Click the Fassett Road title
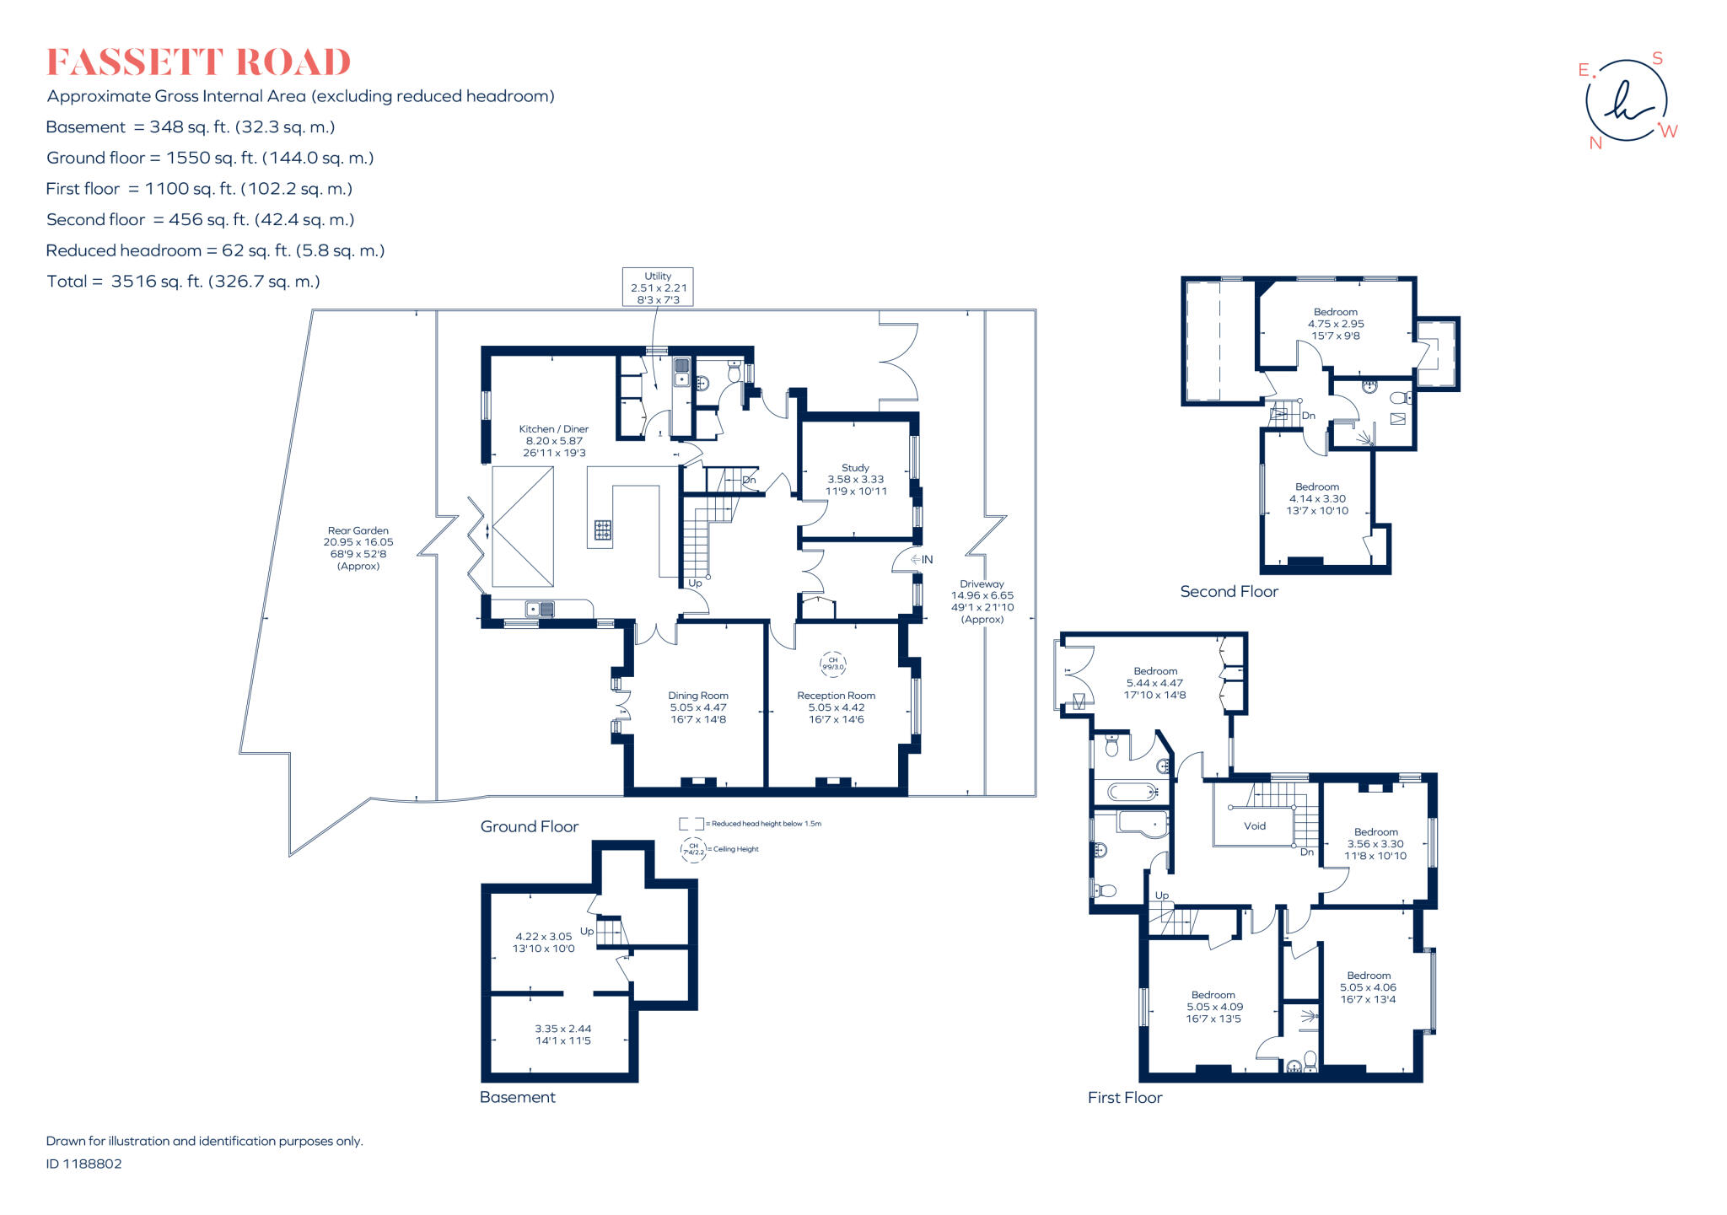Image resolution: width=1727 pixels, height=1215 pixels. tap(198, 63)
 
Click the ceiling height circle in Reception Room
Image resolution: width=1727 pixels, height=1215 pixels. tap(833, 664)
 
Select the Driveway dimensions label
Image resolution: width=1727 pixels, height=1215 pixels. tap(982, 601)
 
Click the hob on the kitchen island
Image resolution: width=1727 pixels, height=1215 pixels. tap(603, 530)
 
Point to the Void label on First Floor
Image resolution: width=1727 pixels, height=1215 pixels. tap(1255, 826)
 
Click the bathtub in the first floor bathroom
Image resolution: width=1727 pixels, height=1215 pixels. tap(1133, 792)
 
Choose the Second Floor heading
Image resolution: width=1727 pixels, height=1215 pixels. tap(1229, 592)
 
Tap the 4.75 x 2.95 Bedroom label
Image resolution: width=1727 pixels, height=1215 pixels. tap(1336, 324)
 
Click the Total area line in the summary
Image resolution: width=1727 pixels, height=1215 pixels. tap(183, 282)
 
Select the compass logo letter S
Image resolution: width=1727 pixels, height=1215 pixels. tap(1657, 58)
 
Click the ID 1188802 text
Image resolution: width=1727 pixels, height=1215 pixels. tap(84, 1164)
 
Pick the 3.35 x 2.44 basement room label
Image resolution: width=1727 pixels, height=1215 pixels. tap(562, 1035)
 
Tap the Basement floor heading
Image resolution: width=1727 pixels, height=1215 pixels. tap(517, 1097)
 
